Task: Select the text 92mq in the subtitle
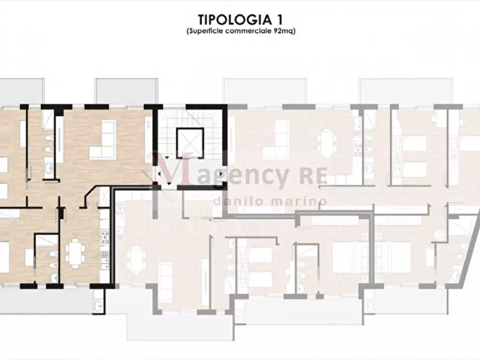tap(285, 31)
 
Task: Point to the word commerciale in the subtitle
tap(255, 31)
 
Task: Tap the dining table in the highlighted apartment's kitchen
tap(75, 250)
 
